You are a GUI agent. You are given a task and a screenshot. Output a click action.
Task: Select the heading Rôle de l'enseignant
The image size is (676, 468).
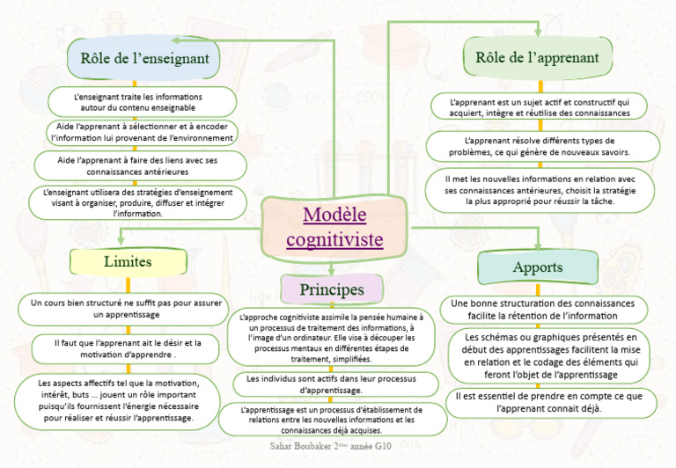coord(144,59)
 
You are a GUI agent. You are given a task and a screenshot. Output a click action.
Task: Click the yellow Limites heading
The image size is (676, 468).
coord(128,261)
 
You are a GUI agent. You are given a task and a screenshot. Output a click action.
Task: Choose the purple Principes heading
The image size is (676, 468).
coord(331,289)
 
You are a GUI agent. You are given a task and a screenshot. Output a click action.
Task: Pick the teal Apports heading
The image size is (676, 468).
coord(537,267)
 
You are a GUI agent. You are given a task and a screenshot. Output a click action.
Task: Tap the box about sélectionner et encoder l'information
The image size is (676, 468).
coord(142,133)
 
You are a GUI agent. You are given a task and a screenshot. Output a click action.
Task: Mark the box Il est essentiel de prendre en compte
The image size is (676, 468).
coord(548,402)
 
